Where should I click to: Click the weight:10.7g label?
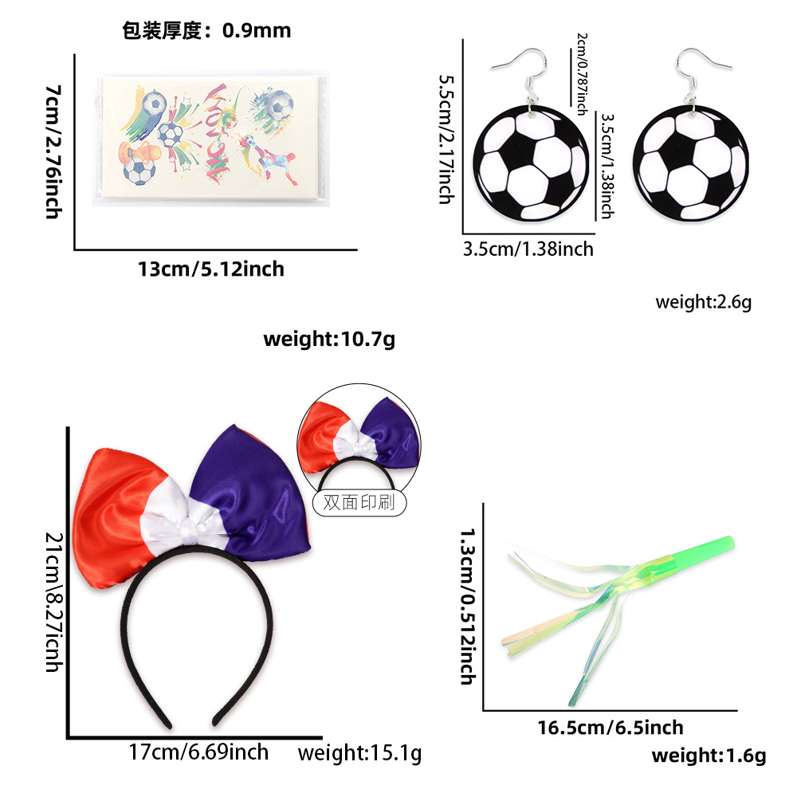pos(329,340)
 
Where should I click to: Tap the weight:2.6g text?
pos(703,302)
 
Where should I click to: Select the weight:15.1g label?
pos(359,752)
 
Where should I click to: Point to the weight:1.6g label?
pos(709,756)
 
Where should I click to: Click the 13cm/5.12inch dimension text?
pos(211,269)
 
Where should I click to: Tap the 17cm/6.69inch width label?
pos(198,752)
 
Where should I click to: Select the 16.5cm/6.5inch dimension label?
pos(611,727)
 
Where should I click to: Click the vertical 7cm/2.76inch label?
pos(53,151)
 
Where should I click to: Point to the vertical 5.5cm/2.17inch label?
pos(446,139)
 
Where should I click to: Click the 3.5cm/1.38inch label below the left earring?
pos(528,249)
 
